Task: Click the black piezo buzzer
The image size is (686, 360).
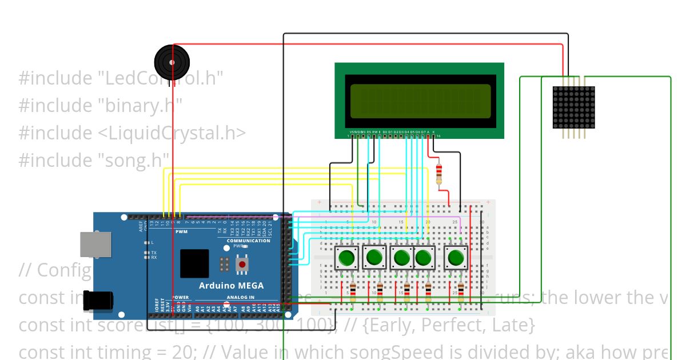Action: click(x=171, y=59)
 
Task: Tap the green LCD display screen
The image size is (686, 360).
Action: click(x=420, y=100)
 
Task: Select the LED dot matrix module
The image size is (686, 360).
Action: click(x=574, y=107)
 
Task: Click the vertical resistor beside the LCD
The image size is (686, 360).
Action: click(x=439, y=174)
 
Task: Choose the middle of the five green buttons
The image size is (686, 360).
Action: click(x=402, y=258)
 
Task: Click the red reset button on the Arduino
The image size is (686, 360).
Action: click(x=242, y=264)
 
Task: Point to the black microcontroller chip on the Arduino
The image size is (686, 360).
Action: click(x=194, y=263)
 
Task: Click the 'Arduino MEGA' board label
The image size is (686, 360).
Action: click(x=231, y=285)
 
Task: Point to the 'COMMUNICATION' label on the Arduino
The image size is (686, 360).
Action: click(x=248, y=241)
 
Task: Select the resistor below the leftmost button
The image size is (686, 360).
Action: click(x=353, y=291)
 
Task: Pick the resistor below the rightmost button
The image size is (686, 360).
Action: click(x=461, y=291)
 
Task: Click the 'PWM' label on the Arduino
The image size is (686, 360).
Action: click(x=181, y=232)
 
